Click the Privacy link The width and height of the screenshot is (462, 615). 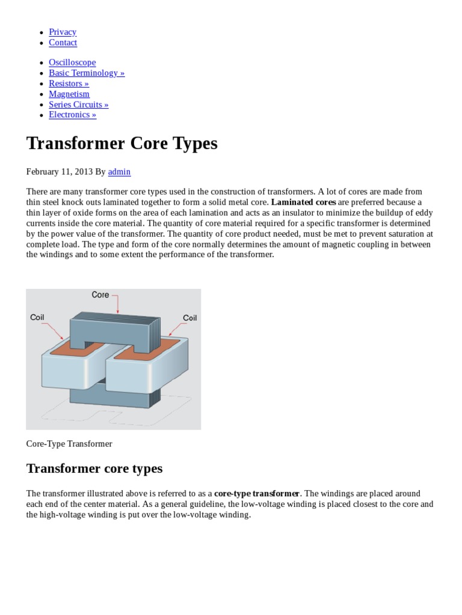tap(63, 32)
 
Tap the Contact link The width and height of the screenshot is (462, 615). tap(63, 43)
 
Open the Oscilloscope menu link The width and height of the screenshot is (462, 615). tap(72, 62)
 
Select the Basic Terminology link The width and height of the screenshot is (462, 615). tap(87, 73)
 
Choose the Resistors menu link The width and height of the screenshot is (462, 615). tap(69, 83)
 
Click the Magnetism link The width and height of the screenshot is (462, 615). tap(69, 94)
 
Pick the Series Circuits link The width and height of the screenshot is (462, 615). tap(79, 105)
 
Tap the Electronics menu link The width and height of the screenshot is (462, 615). tap(72, 115)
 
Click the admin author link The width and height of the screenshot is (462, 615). tap(119, 172)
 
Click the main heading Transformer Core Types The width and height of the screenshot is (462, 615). tap(122, 144)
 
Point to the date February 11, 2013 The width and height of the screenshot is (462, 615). tap(60, 172)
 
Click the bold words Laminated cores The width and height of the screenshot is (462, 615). tap(303, 202)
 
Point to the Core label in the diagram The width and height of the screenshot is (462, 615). tap(100, 295)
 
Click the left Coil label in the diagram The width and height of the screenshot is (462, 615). tap(37, 318)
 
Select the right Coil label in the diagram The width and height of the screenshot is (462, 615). tap(189, 318)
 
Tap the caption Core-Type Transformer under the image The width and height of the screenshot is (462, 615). tap(69, 444)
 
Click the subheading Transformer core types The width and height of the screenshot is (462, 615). tap(94, 468)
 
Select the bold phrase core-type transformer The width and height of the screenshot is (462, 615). tap(257, 494)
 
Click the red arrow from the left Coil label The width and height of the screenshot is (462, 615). tap(54, 330)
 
